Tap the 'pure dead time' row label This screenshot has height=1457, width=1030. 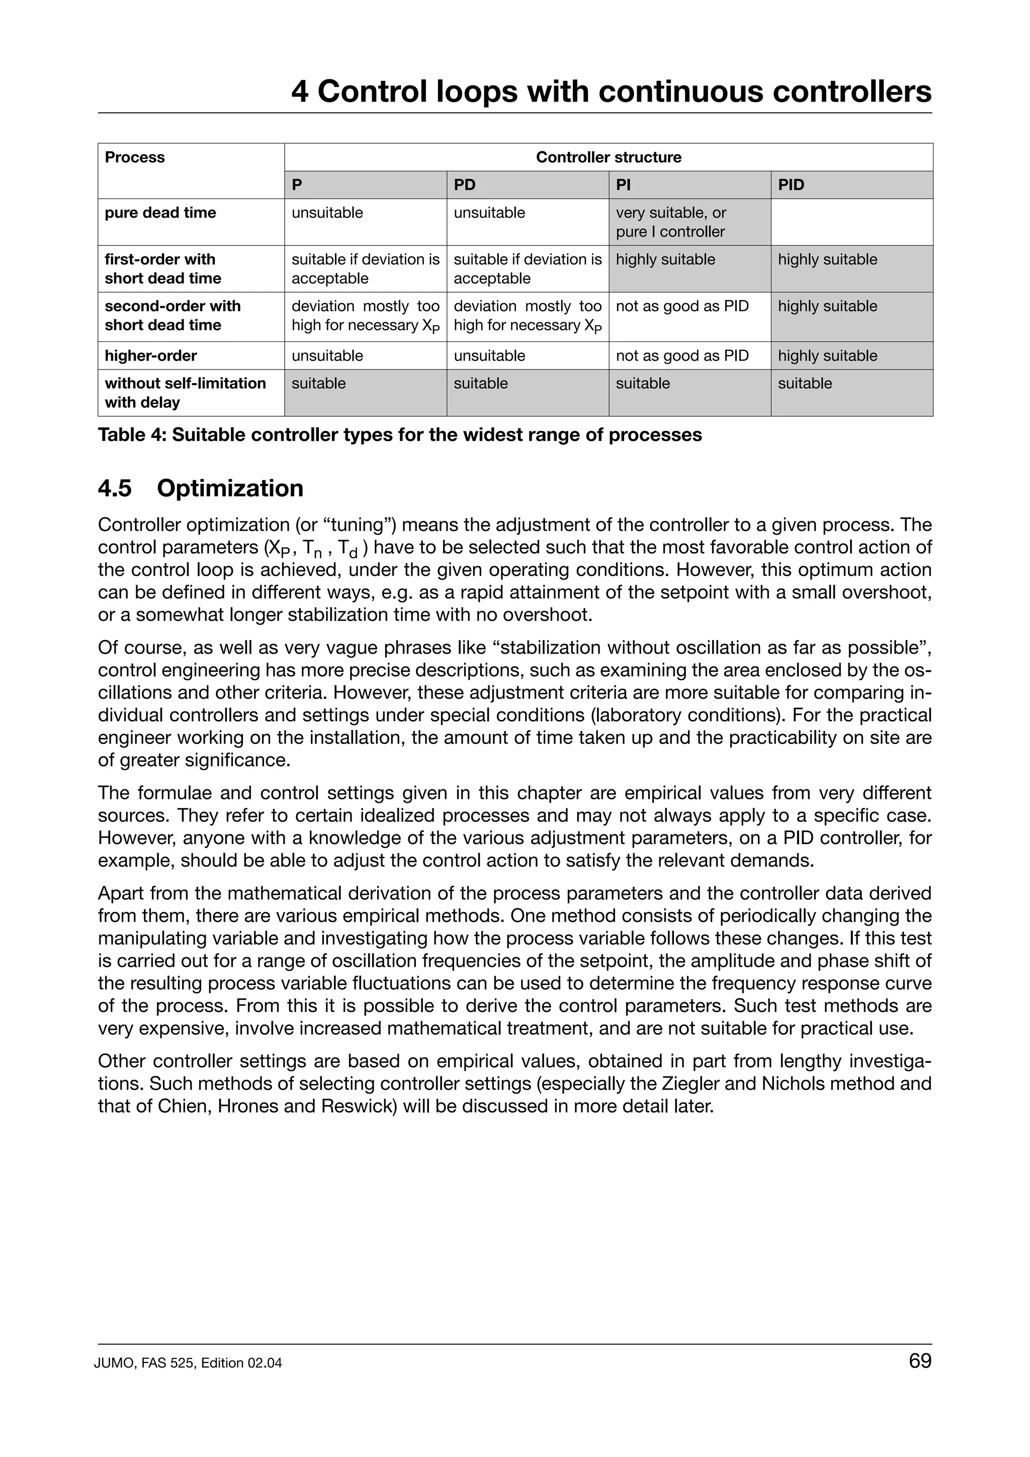coord(160,213)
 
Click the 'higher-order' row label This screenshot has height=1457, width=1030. coord(150,355)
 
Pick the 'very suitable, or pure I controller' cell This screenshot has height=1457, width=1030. coord(671,222)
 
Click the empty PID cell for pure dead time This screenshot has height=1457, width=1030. coord(851,222)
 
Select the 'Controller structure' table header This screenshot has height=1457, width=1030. coord(608,157)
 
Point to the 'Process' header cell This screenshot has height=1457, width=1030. coord(135,157)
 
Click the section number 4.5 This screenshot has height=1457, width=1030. coord(115,489)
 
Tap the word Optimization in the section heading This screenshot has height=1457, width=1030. coord(230,489)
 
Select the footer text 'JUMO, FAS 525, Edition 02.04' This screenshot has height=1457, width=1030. coord(188,1363)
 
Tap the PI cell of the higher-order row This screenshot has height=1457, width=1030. coord(681,355)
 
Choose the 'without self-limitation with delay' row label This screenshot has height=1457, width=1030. coord(185,393)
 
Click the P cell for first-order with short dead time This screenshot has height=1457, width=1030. coord(365,268)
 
